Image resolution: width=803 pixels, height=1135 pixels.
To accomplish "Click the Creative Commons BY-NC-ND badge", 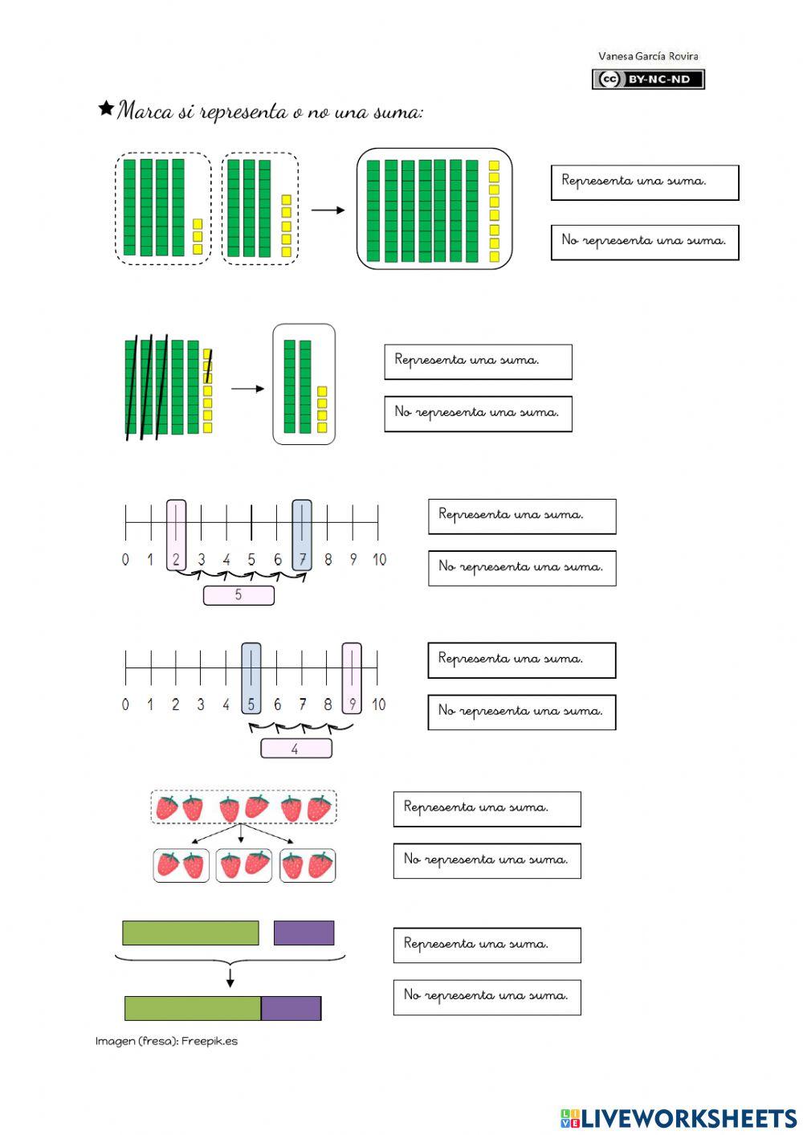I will pyautogui.click(x=648, y=79).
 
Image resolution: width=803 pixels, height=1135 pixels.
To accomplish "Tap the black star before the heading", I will pyautogui.click(x=105, y=108).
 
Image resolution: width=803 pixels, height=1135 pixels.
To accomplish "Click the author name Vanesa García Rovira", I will pyautogui.click(x=648, y=56).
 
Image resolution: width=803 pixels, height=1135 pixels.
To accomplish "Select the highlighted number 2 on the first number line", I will pyautogui.click(x=176, y=559).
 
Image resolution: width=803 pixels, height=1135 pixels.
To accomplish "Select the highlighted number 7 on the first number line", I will pyautogui.click(x=302, y=559).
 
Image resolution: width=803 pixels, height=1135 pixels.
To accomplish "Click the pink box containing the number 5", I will pyautogui.click(x=238, y=595).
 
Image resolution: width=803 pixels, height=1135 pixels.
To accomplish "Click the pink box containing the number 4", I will pyautogui.click(x=296, y=749).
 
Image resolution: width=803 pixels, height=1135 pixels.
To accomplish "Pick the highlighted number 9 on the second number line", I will pyautogui.click(x=352, y=704).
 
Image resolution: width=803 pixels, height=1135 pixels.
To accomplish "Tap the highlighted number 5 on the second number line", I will pyautogui.click(x=251, y=704).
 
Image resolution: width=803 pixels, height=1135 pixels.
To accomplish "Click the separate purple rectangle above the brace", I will pyautogui.click(x=304, y=933).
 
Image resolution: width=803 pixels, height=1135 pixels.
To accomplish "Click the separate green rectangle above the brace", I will pyautogui.click(x=190, y=933).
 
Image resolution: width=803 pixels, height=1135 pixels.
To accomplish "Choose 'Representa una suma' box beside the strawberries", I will pyautogui.click(x=487, y=808).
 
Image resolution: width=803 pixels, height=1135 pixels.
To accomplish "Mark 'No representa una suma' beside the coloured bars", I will pyautogui.click(x=487, y=996).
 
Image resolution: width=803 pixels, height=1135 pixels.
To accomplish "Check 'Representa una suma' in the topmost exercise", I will pyautogui.click(x=644, y=182).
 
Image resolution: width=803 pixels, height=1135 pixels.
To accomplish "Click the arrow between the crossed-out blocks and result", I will pyautogui.click(x=247, y=389).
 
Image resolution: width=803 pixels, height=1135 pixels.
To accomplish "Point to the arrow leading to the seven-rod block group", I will pyautogui.click(x=328, y=210).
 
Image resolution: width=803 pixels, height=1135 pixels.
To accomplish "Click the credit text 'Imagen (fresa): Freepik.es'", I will pyautogui.click(x=167, y=1041).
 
